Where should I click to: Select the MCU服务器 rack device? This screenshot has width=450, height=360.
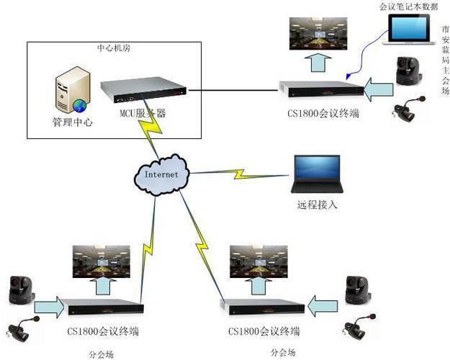[143, 91]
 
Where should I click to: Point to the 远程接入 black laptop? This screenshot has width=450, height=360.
[316, 175]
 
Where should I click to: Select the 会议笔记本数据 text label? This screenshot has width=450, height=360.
[408, 6]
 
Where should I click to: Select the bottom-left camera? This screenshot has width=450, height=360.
[17, 292]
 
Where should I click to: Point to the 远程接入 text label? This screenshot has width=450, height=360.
[317, 204]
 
